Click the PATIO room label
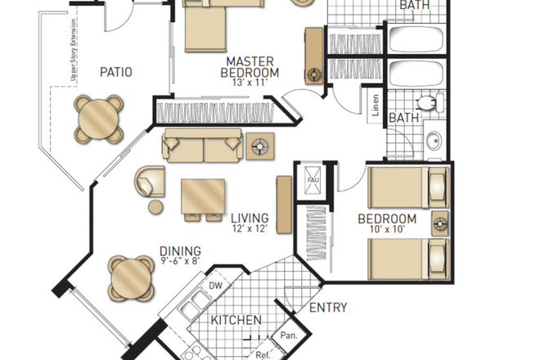click(x=115, y=72)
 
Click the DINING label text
click(x=181, y=252)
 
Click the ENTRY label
click(x=327, y=308)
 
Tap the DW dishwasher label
click(x=216, y=286)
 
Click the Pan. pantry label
click(x=287, y=335)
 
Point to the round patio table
click(x=99, y=118)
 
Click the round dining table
click(x=132, y=278)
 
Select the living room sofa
click(x=203, y=146)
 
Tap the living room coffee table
click(x=203, y=196)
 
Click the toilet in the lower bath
click(x=426, y=103)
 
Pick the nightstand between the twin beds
click(x=440, y=223)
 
